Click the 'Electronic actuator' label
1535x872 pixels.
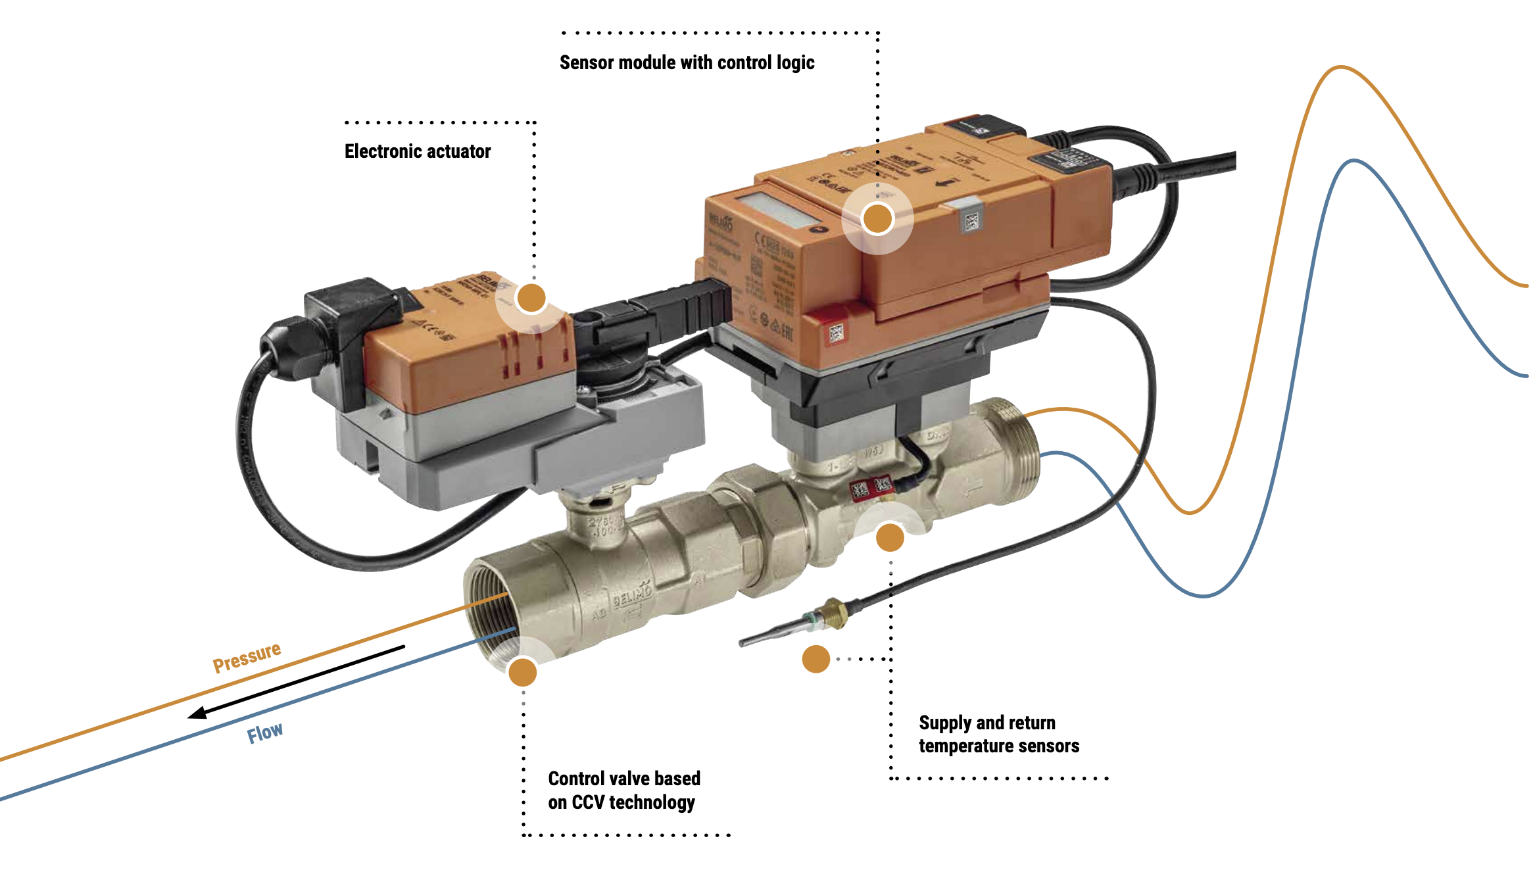coord(418,151)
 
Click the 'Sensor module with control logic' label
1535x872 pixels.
coord(687,62)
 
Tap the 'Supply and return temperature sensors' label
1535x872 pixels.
coord(998,734)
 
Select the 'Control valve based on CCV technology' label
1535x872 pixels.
coord(623,790)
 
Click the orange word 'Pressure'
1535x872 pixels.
coord(247,657)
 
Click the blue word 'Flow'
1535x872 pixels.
coord(265,733)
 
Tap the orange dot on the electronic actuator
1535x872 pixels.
coord(531,298)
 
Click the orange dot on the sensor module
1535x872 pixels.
coord(877,218)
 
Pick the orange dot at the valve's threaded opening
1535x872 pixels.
coord(523,672)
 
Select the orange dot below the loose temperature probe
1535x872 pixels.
coord(816,659)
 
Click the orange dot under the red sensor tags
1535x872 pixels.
coord(890,537)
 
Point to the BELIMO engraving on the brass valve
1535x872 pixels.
coord(632,596)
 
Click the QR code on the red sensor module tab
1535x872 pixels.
coord(836,333)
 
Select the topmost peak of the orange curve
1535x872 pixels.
coord(1340,67)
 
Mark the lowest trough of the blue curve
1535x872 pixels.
coord(1204,596)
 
